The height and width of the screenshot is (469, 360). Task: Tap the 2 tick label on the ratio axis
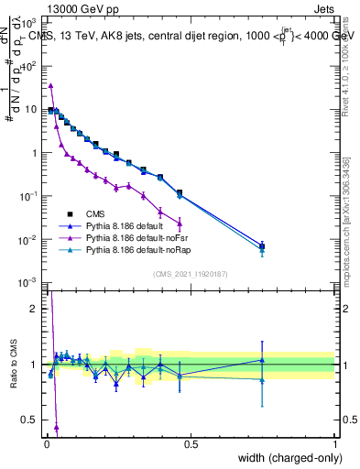coord(36,309)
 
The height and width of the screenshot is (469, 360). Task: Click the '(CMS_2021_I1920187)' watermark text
coord(190,274)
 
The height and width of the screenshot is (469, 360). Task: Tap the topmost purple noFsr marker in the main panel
coord(50,85)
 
